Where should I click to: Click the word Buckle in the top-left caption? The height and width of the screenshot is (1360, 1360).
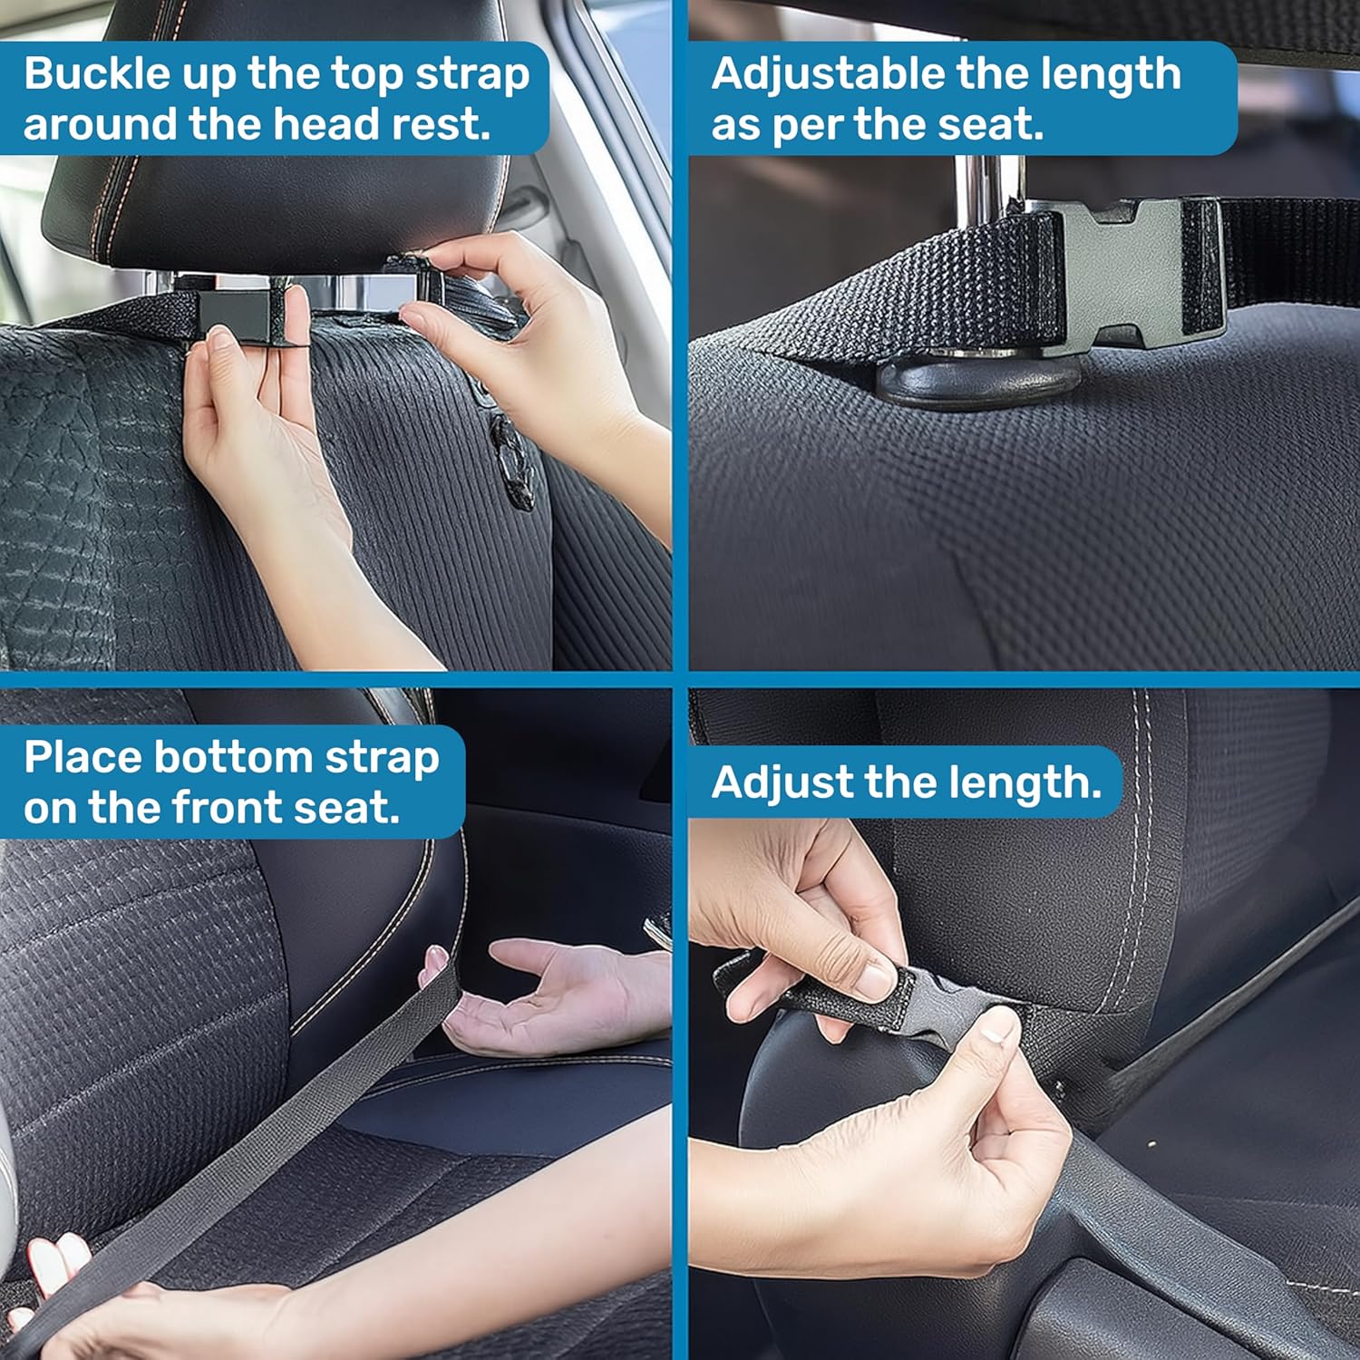tap(98, 73)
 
